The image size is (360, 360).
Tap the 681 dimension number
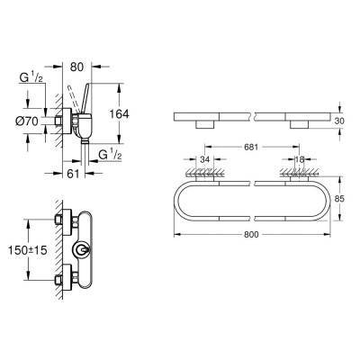click(249, 146)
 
